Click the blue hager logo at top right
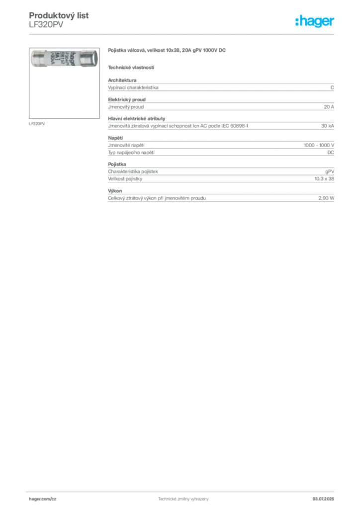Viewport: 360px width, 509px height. pyautogui.click(x=316, y=22)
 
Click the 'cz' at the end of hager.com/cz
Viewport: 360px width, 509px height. pyautogui.click(x=53, y=498)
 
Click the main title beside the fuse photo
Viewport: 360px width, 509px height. pyautogui.click(x=167, y=51)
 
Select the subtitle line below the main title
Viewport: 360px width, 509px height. pyautogui.click(x=131, y=67)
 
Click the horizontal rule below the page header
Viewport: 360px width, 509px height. pyautogui.click(x=182, y=34)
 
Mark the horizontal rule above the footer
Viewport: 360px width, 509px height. pyautogui.click(x=182, y=491)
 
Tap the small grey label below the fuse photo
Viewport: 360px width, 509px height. pyautogui.click(x=38, y=123)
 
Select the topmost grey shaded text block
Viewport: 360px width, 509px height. pyautogui.click(x=221, y=87)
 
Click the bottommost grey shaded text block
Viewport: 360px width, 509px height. pyautogui.click(x=221, y=197)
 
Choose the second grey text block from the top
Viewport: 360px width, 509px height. pyautogui.click(x=221, y=105)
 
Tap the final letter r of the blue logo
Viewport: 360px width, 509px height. pyautogui.click(x=334, y=22)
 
